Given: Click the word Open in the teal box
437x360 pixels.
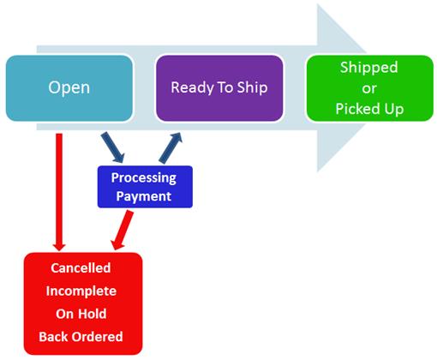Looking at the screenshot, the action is [x=69, y=87].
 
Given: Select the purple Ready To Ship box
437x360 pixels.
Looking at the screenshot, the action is [x=219, y=88].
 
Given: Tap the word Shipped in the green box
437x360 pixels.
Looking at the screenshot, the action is [x=368, y=68].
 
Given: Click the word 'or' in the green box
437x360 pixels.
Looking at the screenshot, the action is [x=369, y=88].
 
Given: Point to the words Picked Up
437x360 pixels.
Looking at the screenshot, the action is [x=369, y=109].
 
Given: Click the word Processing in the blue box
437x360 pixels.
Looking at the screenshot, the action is [x=144, y=178].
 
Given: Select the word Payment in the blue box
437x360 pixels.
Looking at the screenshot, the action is [x=144, y=197].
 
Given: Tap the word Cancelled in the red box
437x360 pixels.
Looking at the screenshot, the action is [x=81, y=268].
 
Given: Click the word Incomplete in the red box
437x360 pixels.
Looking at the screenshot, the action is [x=81, y=291].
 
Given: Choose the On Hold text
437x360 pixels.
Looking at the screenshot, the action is [x=81, y=314].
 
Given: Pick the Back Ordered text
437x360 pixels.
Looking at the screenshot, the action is [x=81, y=337].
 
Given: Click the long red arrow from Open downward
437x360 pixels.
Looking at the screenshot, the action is [x=59, y=192].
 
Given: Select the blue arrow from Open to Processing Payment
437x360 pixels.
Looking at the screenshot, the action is [x=113, y=147].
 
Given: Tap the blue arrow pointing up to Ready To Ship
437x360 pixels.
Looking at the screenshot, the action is [x=171, y=148].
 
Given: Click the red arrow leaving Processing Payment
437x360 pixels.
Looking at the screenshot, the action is [x=122, y=231].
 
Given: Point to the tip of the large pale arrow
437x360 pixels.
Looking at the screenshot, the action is [x=367, y=88].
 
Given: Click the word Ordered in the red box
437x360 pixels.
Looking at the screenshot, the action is [x=98, y=337].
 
